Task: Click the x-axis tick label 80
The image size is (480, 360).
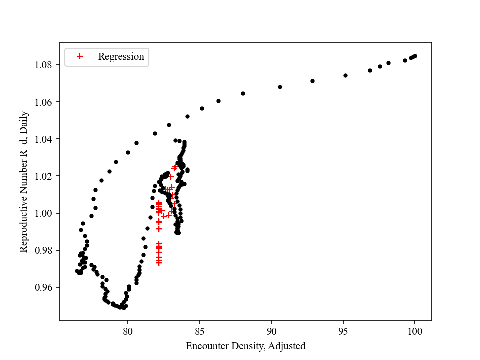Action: (128, 330)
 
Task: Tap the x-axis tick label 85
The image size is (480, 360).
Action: (200, 330)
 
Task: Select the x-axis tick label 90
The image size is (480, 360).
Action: (271, 330)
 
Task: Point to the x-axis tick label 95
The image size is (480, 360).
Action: (343, 330)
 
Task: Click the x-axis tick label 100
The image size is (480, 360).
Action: (415, 330)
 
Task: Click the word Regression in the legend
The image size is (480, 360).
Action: (121, 57)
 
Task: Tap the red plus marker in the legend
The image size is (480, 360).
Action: (79, 57)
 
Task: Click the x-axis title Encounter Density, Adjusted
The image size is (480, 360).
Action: (245, 346)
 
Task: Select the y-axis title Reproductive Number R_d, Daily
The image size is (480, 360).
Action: (24, 181)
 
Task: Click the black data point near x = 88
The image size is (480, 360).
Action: (243, 93)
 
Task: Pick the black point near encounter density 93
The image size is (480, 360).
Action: (312, 81)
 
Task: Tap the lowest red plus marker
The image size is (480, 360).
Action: (159, 262)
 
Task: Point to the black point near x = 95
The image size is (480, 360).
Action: (345, 75)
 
